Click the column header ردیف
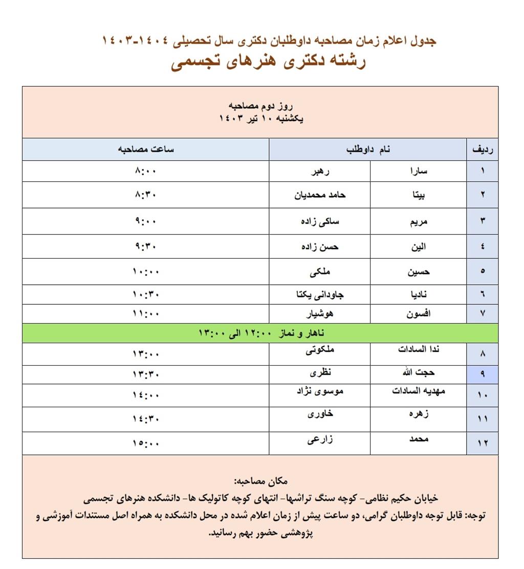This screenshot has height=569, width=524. click(482, 150)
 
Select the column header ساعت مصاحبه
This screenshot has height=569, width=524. click(146, 150)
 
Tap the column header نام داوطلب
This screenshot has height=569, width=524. click(368, 150)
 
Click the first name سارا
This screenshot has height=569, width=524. click(418, 171)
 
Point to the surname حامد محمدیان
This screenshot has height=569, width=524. click(320, 195)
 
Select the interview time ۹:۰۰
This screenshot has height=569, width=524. click(146, 221)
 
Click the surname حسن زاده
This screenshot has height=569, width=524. click(320, 247)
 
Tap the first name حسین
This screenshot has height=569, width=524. click(418, 272)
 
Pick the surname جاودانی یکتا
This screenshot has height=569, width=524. click(320, 294)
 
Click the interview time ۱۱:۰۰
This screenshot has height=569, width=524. click(146, 314)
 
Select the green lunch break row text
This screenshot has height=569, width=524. click(260, 333)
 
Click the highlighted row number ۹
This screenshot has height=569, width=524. click(482, 374)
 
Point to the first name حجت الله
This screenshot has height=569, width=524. click(418, 372)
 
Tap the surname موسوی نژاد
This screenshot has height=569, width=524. click(320, 391)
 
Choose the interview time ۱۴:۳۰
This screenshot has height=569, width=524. click(146, 419)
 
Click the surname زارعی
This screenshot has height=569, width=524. click(320, 439)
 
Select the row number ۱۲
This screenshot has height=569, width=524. click(482, 444)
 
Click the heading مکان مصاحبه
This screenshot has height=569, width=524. click(260, 481)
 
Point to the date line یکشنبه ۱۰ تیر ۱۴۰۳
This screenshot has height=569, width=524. click(260, 119)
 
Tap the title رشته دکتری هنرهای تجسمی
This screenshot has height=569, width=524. click(268, 62)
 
